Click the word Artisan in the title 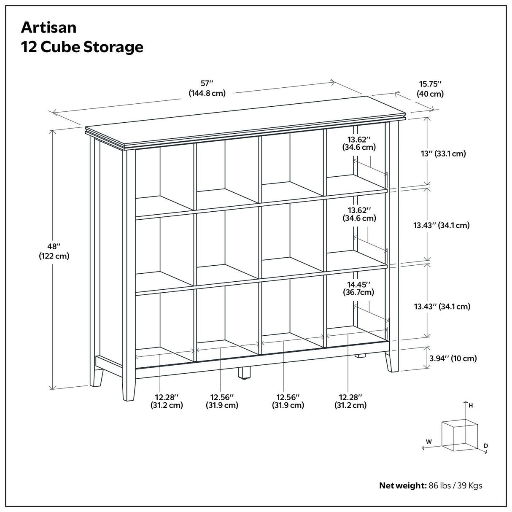[49, 27]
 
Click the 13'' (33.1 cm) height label [443, 154]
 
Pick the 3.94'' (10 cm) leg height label [453, 358]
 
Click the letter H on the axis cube [471, 406]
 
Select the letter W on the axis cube [428, 442]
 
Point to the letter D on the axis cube [485, 445]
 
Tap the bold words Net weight [403, 485]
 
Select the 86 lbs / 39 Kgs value [455, 485]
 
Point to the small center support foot [244, 373]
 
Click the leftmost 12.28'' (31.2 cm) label [167, 401]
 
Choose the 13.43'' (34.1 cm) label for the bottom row [442, 307]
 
